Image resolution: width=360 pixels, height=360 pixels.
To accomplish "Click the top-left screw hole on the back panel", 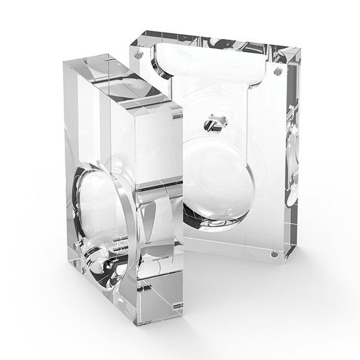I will pos(139,55).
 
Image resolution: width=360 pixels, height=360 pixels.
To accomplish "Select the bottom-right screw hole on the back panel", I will pos(274,254).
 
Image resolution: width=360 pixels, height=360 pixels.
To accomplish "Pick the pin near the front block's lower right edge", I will pos(178,306).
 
